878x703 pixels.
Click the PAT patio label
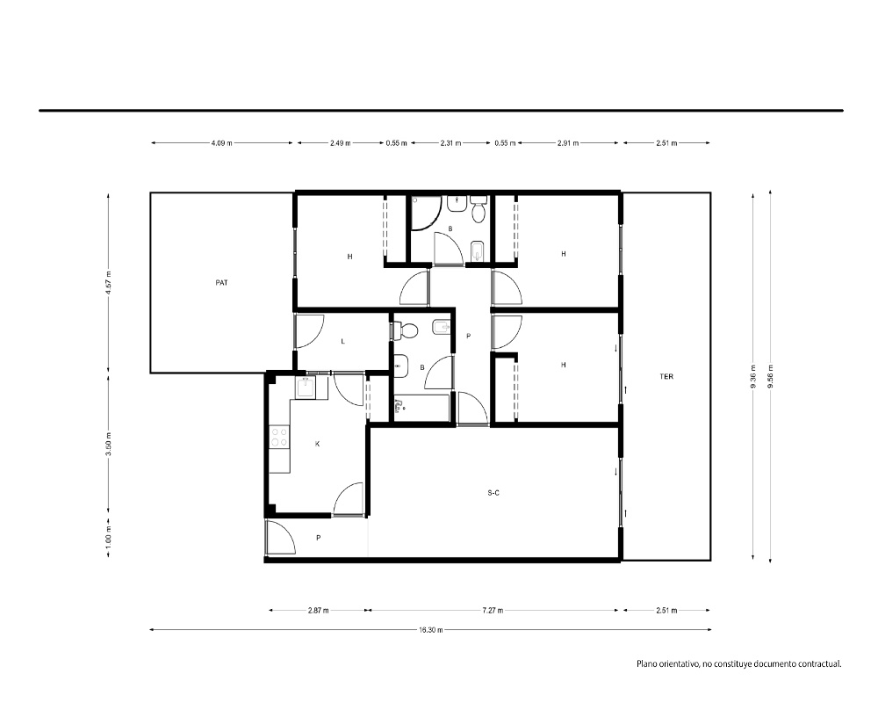pos(222,283)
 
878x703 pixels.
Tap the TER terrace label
pos(666,377)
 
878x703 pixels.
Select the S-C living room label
pos(493,493)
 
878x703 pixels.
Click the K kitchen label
pos(318,444)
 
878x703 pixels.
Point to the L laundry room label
pos(342,342)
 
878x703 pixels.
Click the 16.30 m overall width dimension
pos(430,629)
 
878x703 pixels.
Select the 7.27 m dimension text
pos(493,611)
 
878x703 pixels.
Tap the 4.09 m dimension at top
pos(222,143)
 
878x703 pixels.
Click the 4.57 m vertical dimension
pos(109,283)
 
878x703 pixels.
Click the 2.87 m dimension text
pos(318,611)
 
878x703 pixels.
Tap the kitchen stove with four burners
pos(279,438)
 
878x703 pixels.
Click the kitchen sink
pos(306,387)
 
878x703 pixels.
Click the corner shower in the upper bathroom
pos(426,213)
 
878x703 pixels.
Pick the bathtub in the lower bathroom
pos(421,408)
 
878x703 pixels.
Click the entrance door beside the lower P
pos(281,538)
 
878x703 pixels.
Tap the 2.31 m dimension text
pos(450,143)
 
